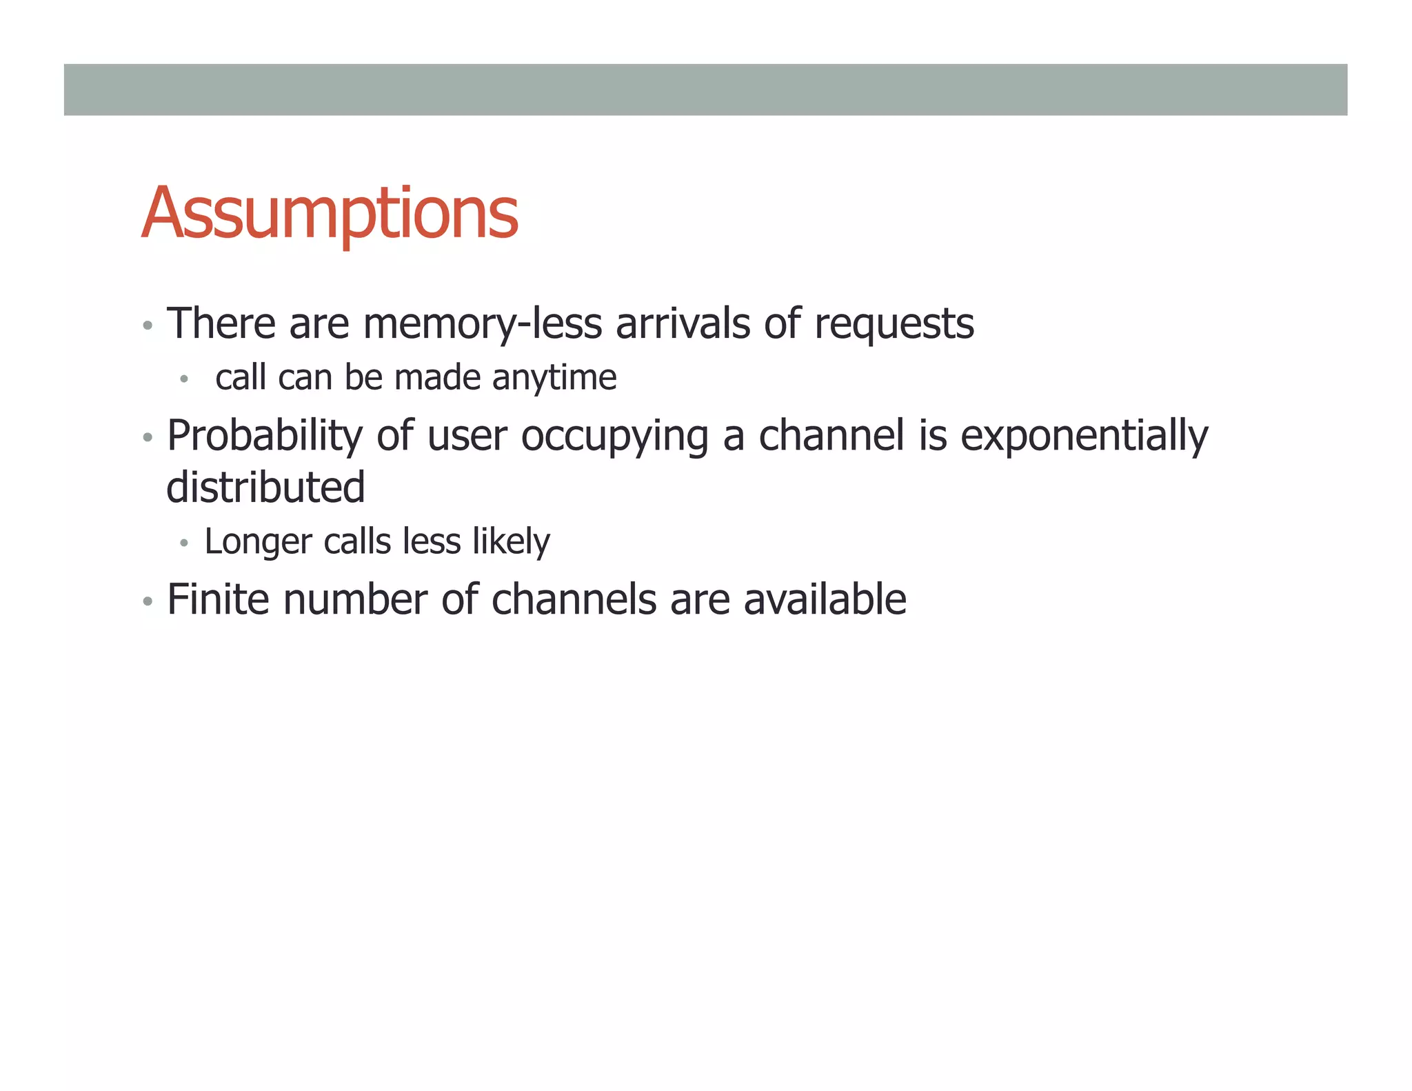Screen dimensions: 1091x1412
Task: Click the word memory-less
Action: pos(482,323)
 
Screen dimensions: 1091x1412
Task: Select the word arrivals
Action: pos(682,323)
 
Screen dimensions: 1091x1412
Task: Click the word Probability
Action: pos(264,437)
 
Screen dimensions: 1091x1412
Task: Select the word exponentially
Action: pos(1084,437)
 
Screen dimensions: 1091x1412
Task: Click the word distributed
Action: pos(265,487)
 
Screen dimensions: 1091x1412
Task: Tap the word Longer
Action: pos(258,542)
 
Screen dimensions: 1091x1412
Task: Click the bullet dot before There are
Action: pos(147,326)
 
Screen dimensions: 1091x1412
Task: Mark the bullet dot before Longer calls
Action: pos(183,543)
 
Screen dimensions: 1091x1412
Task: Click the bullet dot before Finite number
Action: pos(147,601)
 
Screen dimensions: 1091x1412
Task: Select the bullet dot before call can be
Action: pos(183,379)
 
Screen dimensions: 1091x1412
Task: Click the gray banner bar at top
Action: pos(705,90)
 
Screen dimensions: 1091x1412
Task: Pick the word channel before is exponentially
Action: pos(831,437)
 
